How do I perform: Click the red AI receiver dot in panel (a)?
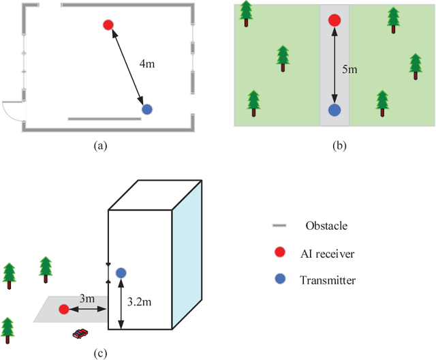coord(108,25)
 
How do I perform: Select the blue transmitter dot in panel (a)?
coord(146,109)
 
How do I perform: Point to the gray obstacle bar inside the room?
coord(105,119)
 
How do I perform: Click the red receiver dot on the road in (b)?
coord(334,20)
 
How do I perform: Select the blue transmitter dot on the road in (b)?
coord(334,109)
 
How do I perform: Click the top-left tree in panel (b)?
coord(246,12)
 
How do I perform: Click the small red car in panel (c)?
coord(81,333)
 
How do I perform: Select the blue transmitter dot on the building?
coord(121,273)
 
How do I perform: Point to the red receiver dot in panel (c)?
coord(63,309)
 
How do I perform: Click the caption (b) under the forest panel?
coord(334,145)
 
